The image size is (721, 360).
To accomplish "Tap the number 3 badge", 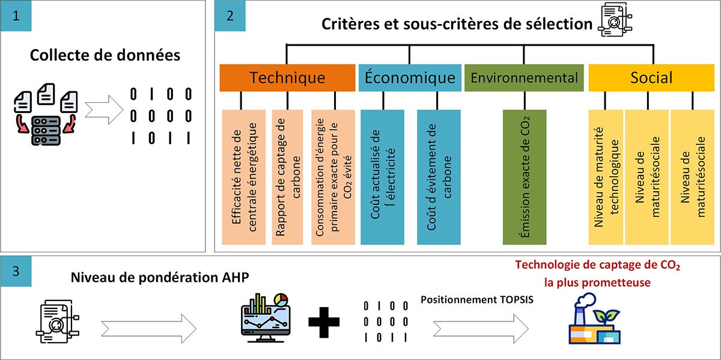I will [16, 271].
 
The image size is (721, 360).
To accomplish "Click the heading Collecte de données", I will [105, 56].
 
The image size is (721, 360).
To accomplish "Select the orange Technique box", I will [287, 78].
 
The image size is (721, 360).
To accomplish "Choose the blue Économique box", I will [410, 78].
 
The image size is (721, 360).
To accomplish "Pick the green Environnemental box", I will [524, 78].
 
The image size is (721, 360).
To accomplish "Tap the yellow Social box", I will [651, 78].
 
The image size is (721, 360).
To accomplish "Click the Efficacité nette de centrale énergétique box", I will [244, 177].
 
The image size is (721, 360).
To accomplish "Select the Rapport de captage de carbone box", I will [287, 177].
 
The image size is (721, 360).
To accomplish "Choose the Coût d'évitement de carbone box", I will [439, 177].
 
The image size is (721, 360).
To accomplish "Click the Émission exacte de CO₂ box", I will [524, 177].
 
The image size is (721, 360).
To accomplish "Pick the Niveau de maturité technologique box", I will [606, 177].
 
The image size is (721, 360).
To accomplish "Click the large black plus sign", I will [324, 322].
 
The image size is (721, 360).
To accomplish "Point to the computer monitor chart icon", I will [263, 317].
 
